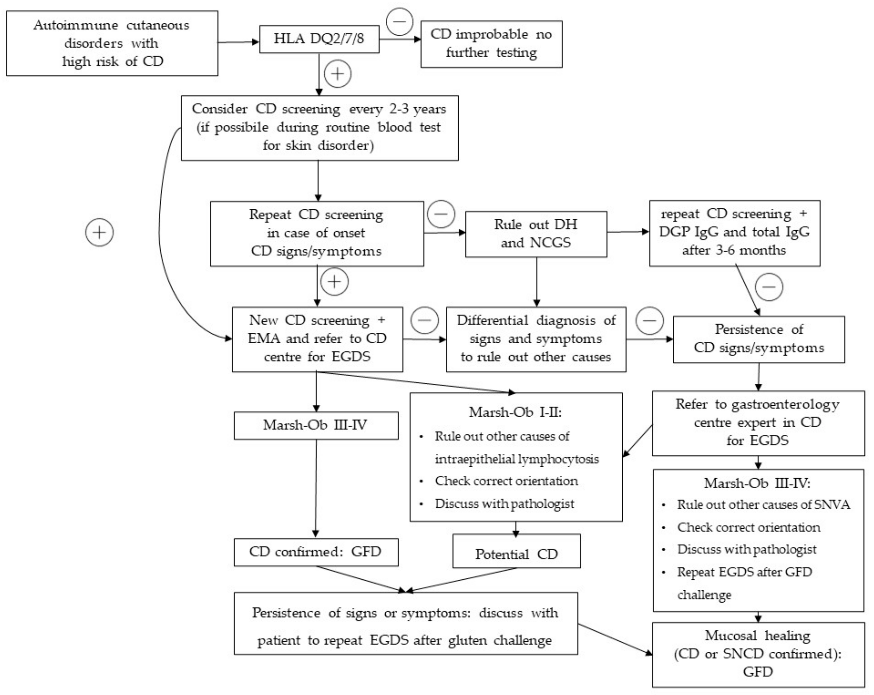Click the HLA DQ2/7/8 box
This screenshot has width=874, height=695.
coord(319,39)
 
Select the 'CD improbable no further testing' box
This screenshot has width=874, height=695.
coord(491,44)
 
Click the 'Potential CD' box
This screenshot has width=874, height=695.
coord(516,554)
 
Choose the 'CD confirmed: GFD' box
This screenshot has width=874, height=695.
coord(316,552)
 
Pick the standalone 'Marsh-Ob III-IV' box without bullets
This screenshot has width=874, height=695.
coord(316,425)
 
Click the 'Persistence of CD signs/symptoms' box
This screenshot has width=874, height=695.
coord(758,339)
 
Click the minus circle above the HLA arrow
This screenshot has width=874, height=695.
coord(399,21)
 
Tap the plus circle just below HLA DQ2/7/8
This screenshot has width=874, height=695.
coord(338,74)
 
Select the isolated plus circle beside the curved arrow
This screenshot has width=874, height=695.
coord(99,232)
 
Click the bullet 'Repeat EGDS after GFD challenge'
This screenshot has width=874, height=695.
coord(744,572)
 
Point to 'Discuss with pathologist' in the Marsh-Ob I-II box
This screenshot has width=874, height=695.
coord(504,504)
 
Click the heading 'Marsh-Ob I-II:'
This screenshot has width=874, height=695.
coord(515,412)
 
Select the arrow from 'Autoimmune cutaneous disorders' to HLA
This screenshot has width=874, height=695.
coord(238,42)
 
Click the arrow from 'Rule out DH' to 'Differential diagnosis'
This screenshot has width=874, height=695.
coord(537,282)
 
